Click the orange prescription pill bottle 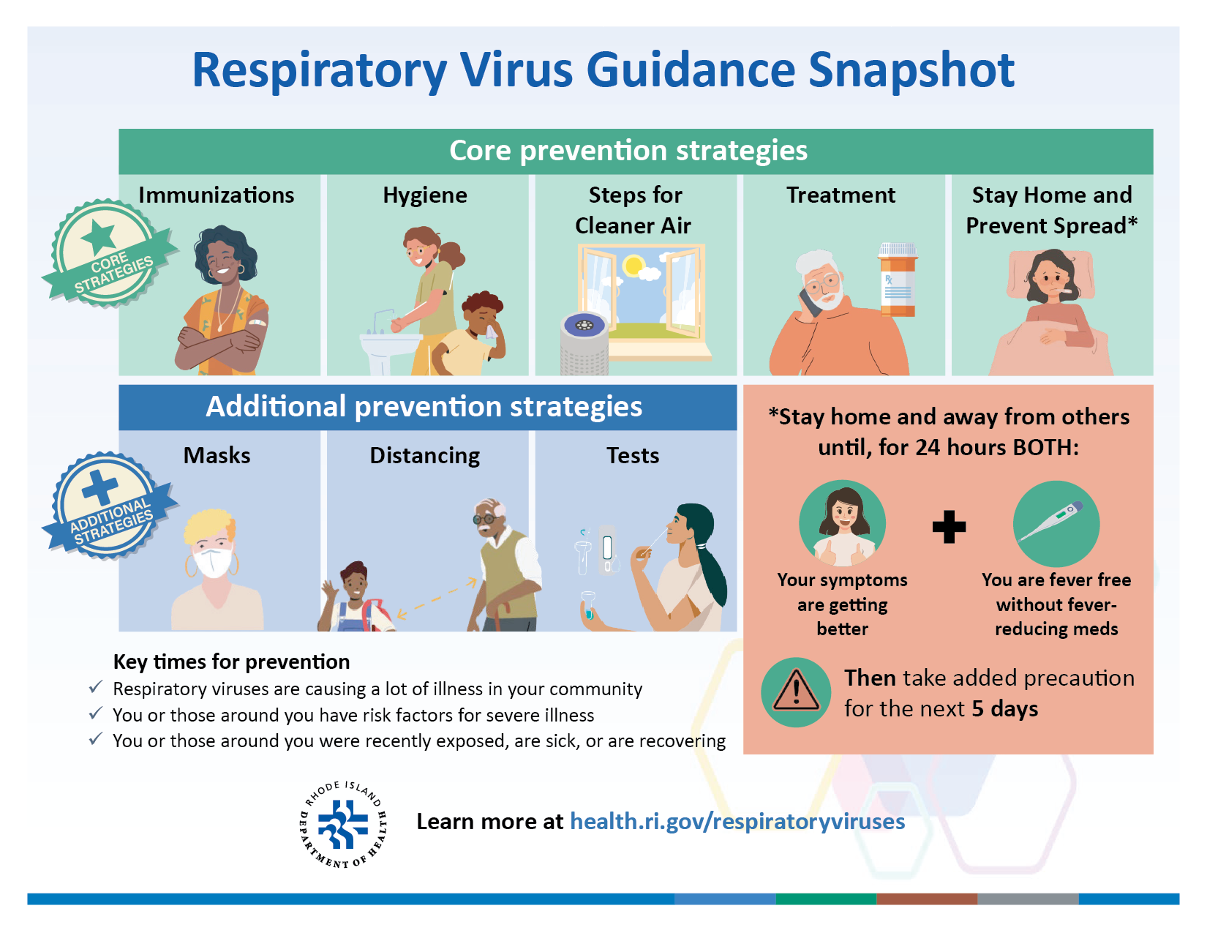(897, 280)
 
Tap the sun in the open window (633, 265)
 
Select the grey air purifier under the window (584, 344)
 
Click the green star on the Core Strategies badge (98, 236)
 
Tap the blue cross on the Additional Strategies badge (100, 488)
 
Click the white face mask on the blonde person (212, 562)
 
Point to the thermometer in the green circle (1051, 521)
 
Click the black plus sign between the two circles (950, 526)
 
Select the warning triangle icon (796, 692)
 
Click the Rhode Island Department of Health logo (342, 824)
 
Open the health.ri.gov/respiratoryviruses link (737, 821)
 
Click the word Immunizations (216, 195)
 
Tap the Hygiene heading (425, 196)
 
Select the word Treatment (841, 195)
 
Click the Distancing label (425, 456)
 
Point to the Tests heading (633, 455)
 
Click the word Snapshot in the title (911, 70)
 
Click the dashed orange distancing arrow (437, 599)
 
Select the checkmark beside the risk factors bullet (96, 713)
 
